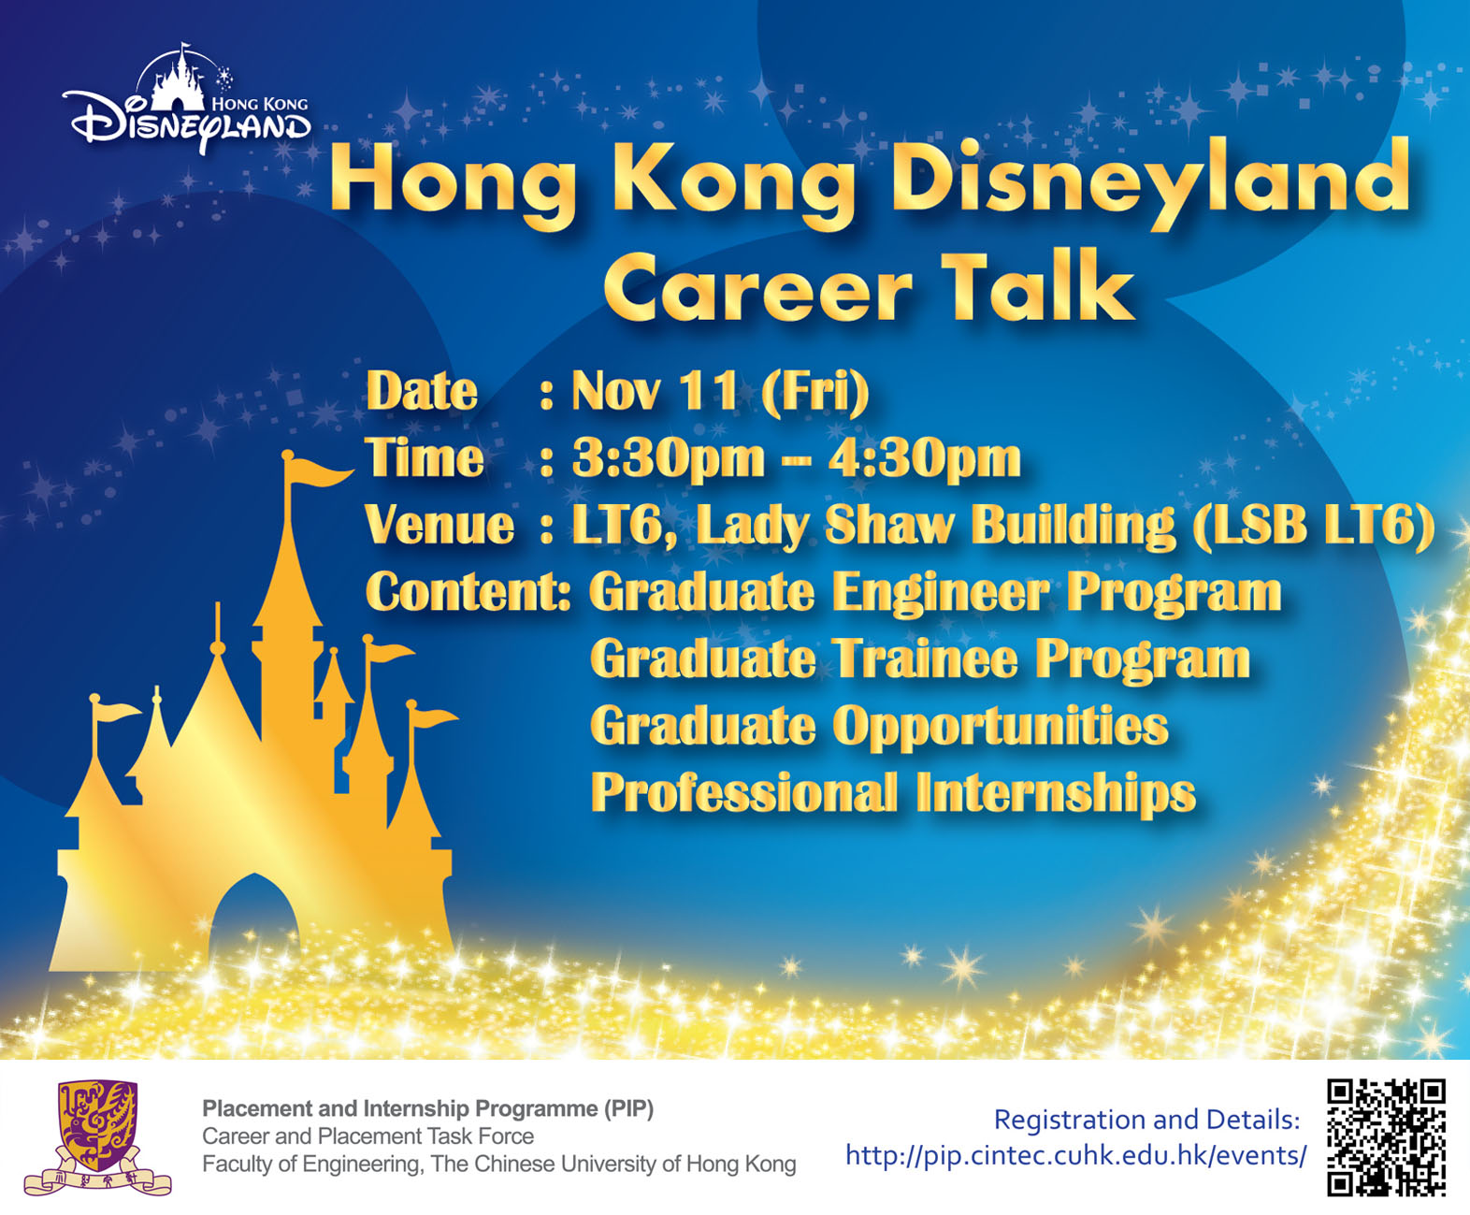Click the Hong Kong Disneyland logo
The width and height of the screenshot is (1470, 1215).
[187, 98]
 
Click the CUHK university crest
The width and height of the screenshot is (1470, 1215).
[98, 1136]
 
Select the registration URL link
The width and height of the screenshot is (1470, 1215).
[1075, 1156]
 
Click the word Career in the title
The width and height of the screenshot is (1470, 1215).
[757, 290]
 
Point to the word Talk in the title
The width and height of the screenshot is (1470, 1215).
[1038, 286]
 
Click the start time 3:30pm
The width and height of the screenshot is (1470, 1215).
[668, 460]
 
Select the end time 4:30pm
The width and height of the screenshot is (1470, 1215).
[925, 460]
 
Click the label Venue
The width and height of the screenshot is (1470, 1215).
[440, 525]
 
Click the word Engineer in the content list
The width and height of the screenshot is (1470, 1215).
[941, 593]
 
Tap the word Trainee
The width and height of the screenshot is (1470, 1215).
[925, 658]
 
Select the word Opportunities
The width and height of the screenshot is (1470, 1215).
[1001, 727]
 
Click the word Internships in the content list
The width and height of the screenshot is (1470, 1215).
[1057, 794]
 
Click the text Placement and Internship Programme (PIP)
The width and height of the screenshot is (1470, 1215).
[428, 1108]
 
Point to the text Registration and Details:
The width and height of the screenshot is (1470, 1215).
[1146, 1120]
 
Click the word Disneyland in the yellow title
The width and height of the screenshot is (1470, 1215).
[1151, 180]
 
